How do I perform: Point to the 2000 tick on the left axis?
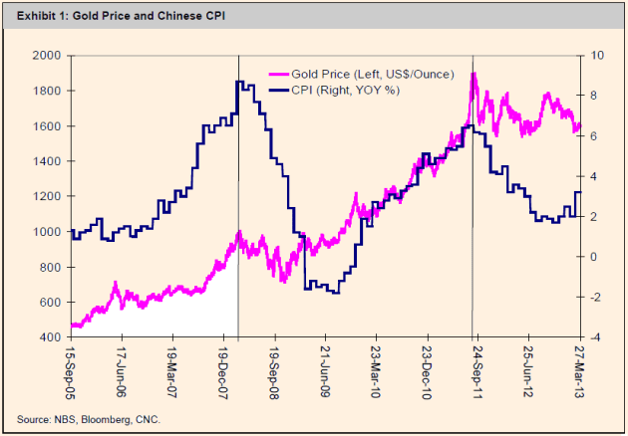click(48, 56)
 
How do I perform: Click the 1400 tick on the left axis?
click(48, 161)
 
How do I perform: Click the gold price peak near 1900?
click(472, 74)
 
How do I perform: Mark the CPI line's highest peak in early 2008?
click(239, 83)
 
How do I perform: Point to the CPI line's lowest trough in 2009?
click(334, 293)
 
